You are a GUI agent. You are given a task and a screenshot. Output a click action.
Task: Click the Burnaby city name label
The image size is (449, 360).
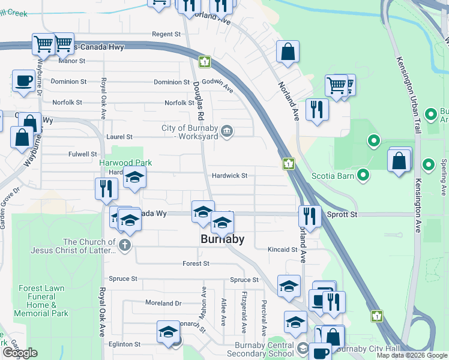coord(222,239)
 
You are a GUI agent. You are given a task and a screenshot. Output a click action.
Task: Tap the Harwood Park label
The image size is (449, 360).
coord(125,163)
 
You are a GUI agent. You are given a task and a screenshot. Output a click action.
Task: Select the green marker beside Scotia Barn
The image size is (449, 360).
coord(363,175)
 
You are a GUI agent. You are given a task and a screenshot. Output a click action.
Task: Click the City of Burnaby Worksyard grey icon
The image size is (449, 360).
coord(226,131)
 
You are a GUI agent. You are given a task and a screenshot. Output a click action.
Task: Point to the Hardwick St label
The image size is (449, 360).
coord(229,176)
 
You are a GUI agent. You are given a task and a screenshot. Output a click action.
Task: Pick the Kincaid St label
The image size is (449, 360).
coord(283,249)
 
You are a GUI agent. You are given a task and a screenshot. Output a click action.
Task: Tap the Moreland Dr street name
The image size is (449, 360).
coord(163,304)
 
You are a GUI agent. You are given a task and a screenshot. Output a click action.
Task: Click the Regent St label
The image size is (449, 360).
coord(166,35)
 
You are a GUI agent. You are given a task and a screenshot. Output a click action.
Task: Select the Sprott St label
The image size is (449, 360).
coord(342,214)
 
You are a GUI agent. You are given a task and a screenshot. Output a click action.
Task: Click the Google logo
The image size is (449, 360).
coord(20,353)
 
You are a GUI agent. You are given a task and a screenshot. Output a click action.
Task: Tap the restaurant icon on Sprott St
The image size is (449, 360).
coord(310,216)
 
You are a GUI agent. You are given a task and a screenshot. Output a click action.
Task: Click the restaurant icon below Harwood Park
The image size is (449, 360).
coord(106,188)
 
